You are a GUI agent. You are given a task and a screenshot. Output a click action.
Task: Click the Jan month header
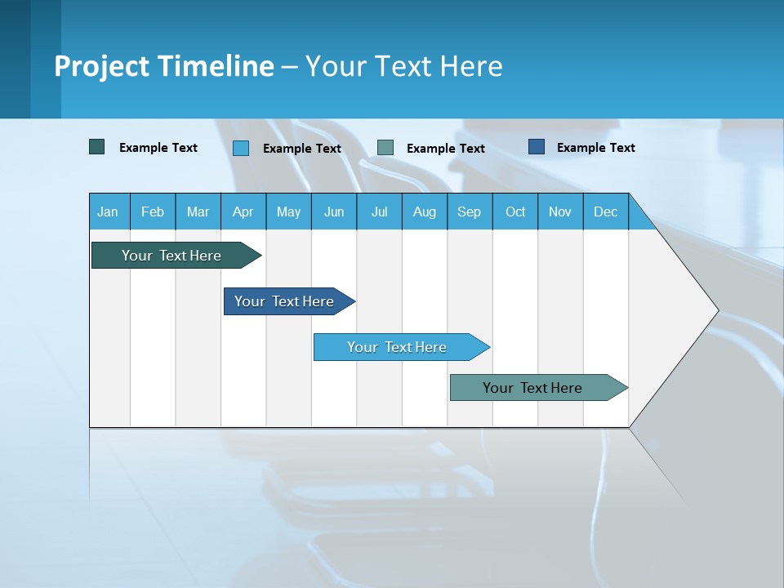[x=109, y=212]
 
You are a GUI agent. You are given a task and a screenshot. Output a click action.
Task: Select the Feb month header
[x=153, y=212]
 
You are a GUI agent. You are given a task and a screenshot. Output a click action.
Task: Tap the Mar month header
[x=198, y=212]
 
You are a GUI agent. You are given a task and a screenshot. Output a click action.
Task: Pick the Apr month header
[x=243, y=212]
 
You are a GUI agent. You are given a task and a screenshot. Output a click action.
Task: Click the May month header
[x=288, y=212]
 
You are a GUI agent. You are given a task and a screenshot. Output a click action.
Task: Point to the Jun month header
[x=334, y=212]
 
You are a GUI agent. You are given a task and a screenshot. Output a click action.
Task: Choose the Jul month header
[x=379, y=212]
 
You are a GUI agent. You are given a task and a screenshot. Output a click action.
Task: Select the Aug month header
[x=425, y=212]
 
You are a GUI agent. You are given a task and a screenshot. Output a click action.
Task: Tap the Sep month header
[x=470, y=212]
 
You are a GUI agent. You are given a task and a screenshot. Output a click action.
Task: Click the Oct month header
[x=515, y=212]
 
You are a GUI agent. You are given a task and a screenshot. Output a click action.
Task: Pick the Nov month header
[x=560, y=212]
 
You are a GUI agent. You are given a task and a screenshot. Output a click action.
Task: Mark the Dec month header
[x=606, y=212]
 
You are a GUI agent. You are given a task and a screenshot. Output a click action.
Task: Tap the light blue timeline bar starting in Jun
[x=398, y=347]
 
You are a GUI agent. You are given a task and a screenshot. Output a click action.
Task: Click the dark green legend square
[x=97, y=147]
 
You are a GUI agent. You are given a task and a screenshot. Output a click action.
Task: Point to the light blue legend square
[x=241, y=148]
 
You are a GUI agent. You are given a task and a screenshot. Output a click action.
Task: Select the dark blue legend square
[x=537, y=147]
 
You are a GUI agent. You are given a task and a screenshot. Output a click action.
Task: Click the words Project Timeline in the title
[x=164, y=66]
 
